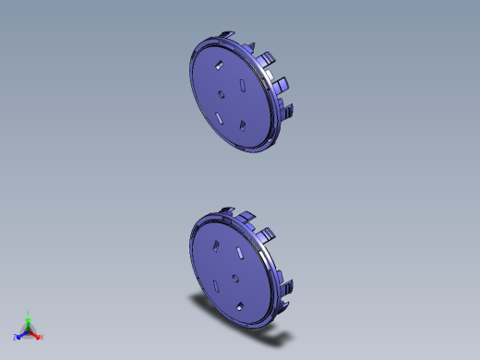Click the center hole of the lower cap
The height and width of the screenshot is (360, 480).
(x=234, y=278)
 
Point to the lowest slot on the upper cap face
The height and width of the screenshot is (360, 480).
(x=241, y=125)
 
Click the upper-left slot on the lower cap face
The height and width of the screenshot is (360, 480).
(x=213, y=245)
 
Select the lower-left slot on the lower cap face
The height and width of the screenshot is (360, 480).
(x=215, y=283)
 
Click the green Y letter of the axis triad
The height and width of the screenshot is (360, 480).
(x=29, y=313)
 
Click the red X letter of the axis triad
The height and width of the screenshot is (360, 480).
(x=42, y=337)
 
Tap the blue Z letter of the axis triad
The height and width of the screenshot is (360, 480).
(x=16, y=337)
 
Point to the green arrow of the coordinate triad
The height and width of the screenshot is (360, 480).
(x=29, y=322)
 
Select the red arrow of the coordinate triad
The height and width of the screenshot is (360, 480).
(x=35, y=333)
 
